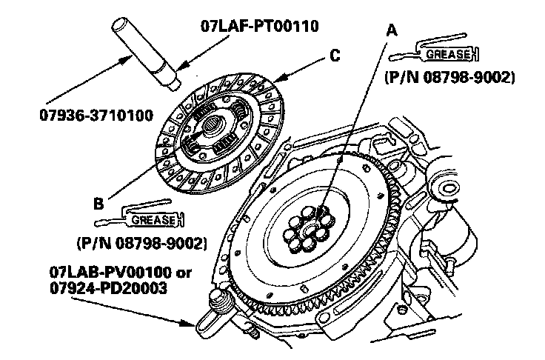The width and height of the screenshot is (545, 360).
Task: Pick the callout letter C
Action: tap(335, 55)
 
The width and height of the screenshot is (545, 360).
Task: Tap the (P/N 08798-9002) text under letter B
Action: tap(141, 242)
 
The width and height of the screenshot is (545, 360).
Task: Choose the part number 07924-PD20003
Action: tap(108, 286)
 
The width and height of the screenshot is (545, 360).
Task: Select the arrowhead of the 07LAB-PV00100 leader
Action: tap(194, 323)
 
